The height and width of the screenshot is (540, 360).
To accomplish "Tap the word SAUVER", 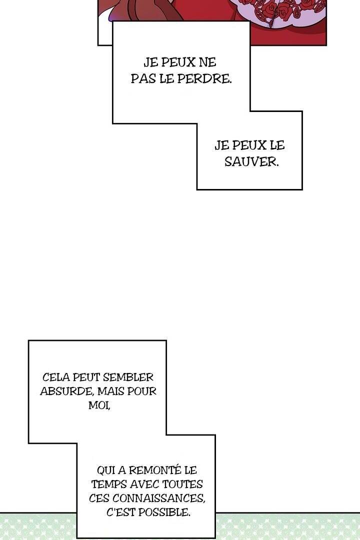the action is (251, 161).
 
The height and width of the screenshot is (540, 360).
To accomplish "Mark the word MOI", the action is (99, 405).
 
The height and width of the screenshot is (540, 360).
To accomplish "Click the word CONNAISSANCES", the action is (159, 498).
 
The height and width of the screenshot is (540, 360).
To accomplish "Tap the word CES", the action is (99, 498).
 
